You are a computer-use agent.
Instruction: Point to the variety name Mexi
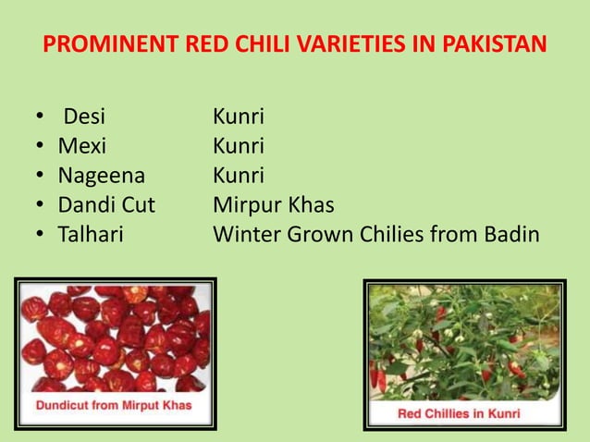[82, 146]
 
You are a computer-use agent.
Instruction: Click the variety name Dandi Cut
[106, 204]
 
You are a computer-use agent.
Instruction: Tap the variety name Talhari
[91, 234]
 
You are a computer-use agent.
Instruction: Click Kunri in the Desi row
[239, 117]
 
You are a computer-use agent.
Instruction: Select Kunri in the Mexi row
[239, 146]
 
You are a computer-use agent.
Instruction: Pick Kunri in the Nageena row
[239, 176]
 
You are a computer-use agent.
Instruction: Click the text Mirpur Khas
[273, 204]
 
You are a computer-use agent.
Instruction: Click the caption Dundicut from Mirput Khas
[115, 407]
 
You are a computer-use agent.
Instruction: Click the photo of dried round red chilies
[115, 338]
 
